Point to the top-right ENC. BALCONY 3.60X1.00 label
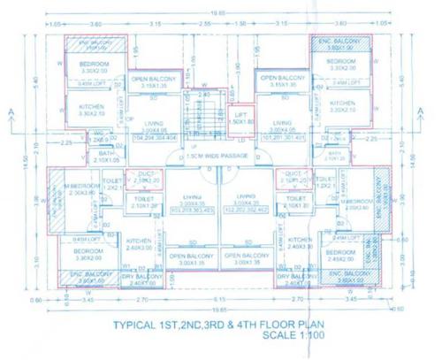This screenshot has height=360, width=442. point(340,44)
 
